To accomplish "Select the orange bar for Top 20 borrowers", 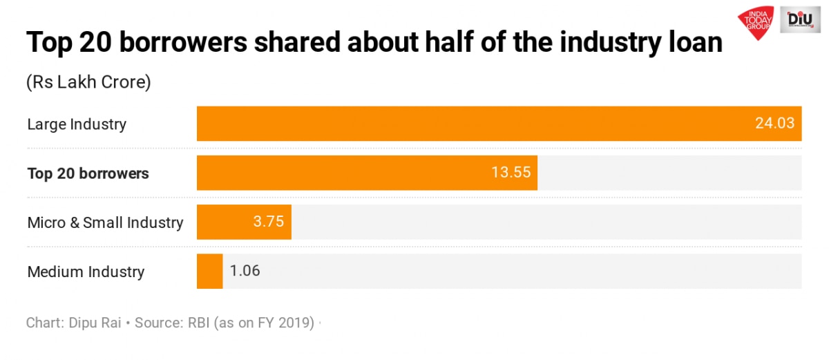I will click(x=345, y=173).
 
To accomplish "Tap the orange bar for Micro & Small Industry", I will click(x=228, y=222).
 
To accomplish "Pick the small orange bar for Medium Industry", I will click(x=209, y=271).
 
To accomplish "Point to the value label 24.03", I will click(x=774, y=124).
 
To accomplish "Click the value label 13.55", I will click(x=511, y=173).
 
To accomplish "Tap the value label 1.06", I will click(x=245, y=271).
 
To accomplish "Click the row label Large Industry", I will click(x=77, y=124).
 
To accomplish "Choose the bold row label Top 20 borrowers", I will click(x=88, y=173).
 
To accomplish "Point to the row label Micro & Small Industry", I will click(x=105, y=222).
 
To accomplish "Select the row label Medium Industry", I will click(x=86, y=272).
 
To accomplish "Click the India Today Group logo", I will click(x=757, y=23).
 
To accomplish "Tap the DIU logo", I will click(x=804, y=21).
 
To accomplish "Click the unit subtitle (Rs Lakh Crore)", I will click(x=88, y=82).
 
